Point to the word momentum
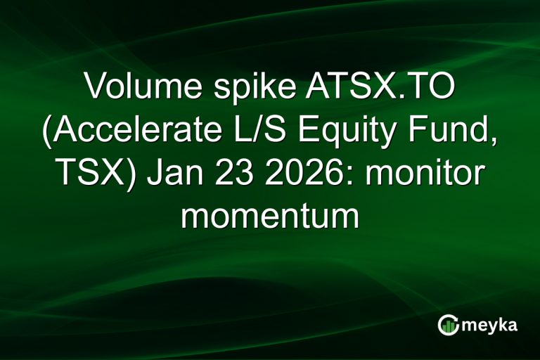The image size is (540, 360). tap(270, 217)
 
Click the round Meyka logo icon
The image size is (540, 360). tap(448, 324)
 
